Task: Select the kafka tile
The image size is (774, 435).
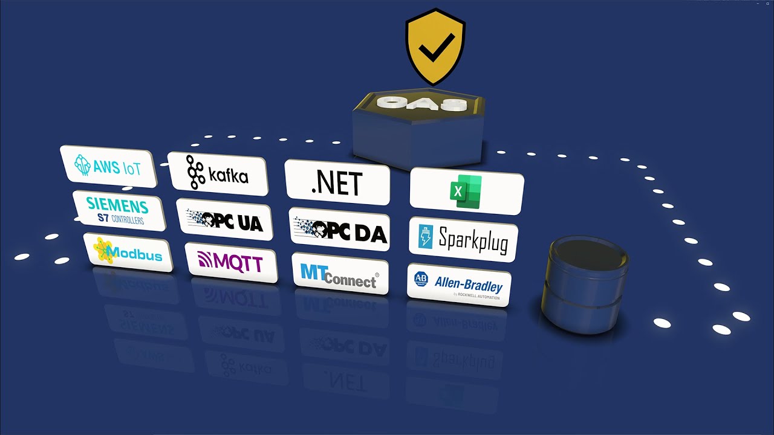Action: pyautogui.click(x=218, y=174)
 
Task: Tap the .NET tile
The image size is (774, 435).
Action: pyautogui.click(x=337, y=182)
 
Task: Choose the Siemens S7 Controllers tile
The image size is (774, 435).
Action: pyautogui.click(x=119, y=210)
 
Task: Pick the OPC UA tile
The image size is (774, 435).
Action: pyautogui.click(x=224, y=221)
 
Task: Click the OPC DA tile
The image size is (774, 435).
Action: pyautogui.click(x=339, y=230)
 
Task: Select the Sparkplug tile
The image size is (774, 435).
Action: pyautogui.click(x=464, y=241)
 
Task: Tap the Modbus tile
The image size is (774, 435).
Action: pyautogui.click(x=128, y=252)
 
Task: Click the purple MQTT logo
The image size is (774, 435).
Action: pyautogui.click(x=230, y=263)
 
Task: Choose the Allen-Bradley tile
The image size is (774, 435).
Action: pyautogui.click(x=458, y=285)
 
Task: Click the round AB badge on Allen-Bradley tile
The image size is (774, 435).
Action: pyautogui.click(x=420, y=279)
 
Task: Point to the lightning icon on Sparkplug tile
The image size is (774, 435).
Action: pyautogui.click(x=426, y=237)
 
